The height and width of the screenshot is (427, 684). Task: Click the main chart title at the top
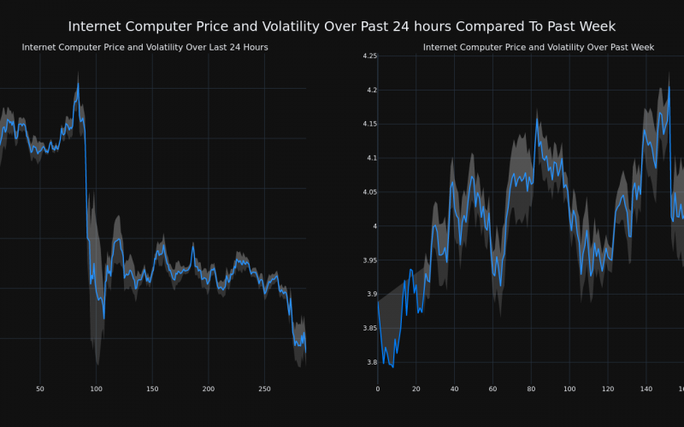342,27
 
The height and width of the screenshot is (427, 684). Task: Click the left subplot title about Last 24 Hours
144,47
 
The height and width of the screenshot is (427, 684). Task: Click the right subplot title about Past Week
539,47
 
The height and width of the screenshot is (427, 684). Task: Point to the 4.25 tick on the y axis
369,56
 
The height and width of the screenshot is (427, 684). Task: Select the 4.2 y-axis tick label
371,91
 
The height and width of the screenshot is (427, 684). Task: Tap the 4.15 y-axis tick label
369,125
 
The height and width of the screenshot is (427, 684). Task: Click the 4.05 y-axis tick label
369,192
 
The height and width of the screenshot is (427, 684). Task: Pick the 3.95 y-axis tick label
369,260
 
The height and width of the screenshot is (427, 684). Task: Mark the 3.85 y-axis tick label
369,329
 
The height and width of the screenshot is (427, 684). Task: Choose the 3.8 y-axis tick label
371,363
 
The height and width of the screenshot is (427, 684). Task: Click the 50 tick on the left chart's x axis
40,389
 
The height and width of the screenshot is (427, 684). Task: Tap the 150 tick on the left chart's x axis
152,389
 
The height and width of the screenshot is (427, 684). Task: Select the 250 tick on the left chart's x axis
264,389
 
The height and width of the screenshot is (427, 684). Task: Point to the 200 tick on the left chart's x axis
208,389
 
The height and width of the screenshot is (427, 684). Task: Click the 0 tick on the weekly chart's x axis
378,389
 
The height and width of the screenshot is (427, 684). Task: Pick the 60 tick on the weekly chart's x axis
492,389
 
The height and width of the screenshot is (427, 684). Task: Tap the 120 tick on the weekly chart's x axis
608,389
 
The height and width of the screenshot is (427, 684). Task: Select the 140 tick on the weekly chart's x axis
646,389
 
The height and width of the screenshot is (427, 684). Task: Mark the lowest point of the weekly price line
392,366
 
